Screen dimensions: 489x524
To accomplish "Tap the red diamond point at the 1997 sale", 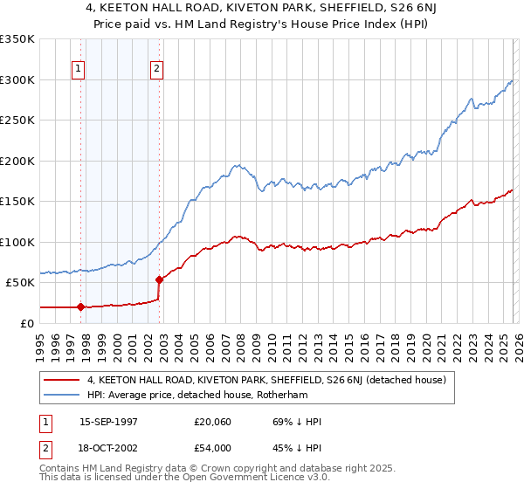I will [x=80, y=306].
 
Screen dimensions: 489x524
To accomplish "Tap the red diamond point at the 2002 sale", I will [x=159, y=279].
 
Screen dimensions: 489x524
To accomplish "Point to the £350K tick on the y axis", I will [x=17, y=39].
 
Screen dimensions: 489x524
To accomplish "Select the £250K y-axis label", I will [x=17, y=121].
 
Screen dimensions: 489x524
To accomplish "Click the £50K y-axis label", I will [x=21, y=283].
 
